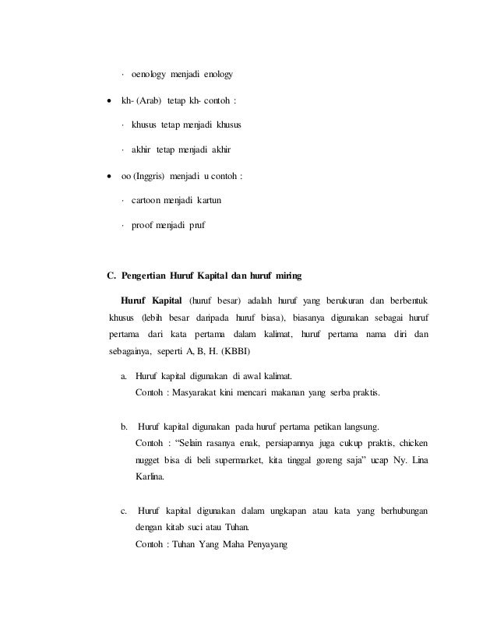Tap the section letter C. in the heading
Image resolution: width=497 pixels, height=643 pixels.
click(x=111, y=275)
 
